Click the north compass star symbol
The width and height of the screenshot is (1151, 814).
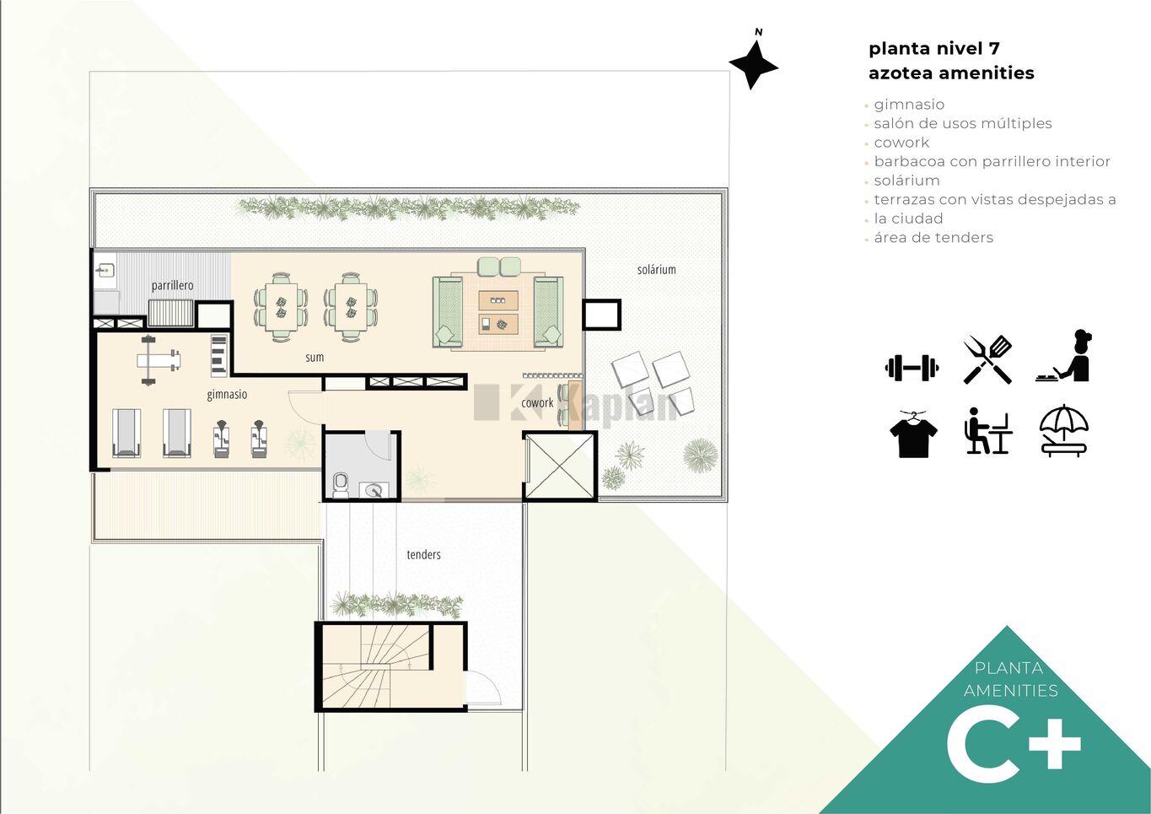[x=753, y=66]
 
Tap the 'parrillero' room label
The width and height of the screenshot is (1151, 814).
[x=172, y=285]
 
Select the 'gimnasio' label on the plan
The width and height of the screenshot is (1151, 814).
[x=227, y=394]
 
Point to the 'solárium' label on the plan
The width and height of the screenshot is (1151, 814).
[x=656, y=269]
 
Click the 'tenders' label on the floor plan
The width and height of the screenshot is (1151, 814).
[x=423, y=554]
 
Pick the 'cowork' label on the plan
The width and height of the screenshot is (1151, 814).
[x=537, y=402]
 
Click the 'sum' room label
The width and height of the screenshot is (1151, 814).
[x=315, y=357]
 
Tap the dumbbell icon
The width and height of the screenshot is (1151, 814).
[x=912, y=368]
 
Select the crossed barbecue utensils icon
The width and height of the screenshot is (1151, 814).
[x=987, y=359]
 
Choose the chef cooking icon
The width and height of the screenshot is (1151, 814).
[x=1064, y=356]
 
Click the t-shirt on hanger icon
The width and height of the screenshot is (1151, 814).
[x=913, y=434]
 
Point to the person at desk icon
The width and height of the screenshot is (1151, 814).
[x=987, y=431]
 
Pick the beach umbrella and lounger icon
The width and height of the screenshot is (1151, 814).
[x=1063, y=431]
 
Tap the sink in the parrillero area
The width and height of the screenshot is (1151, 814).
[x=105, y=270]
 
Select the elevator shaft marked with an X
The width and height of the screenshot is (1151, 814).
[x=560, y=466]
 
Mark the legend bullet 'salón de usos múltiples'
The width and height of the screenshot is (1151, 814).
[x=963, y=123]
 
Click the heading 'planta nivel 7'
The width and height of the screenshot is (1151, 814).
[x=934, y=49]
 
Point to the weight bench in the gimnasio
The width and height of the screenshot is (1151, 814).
[x=158, y=359]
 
